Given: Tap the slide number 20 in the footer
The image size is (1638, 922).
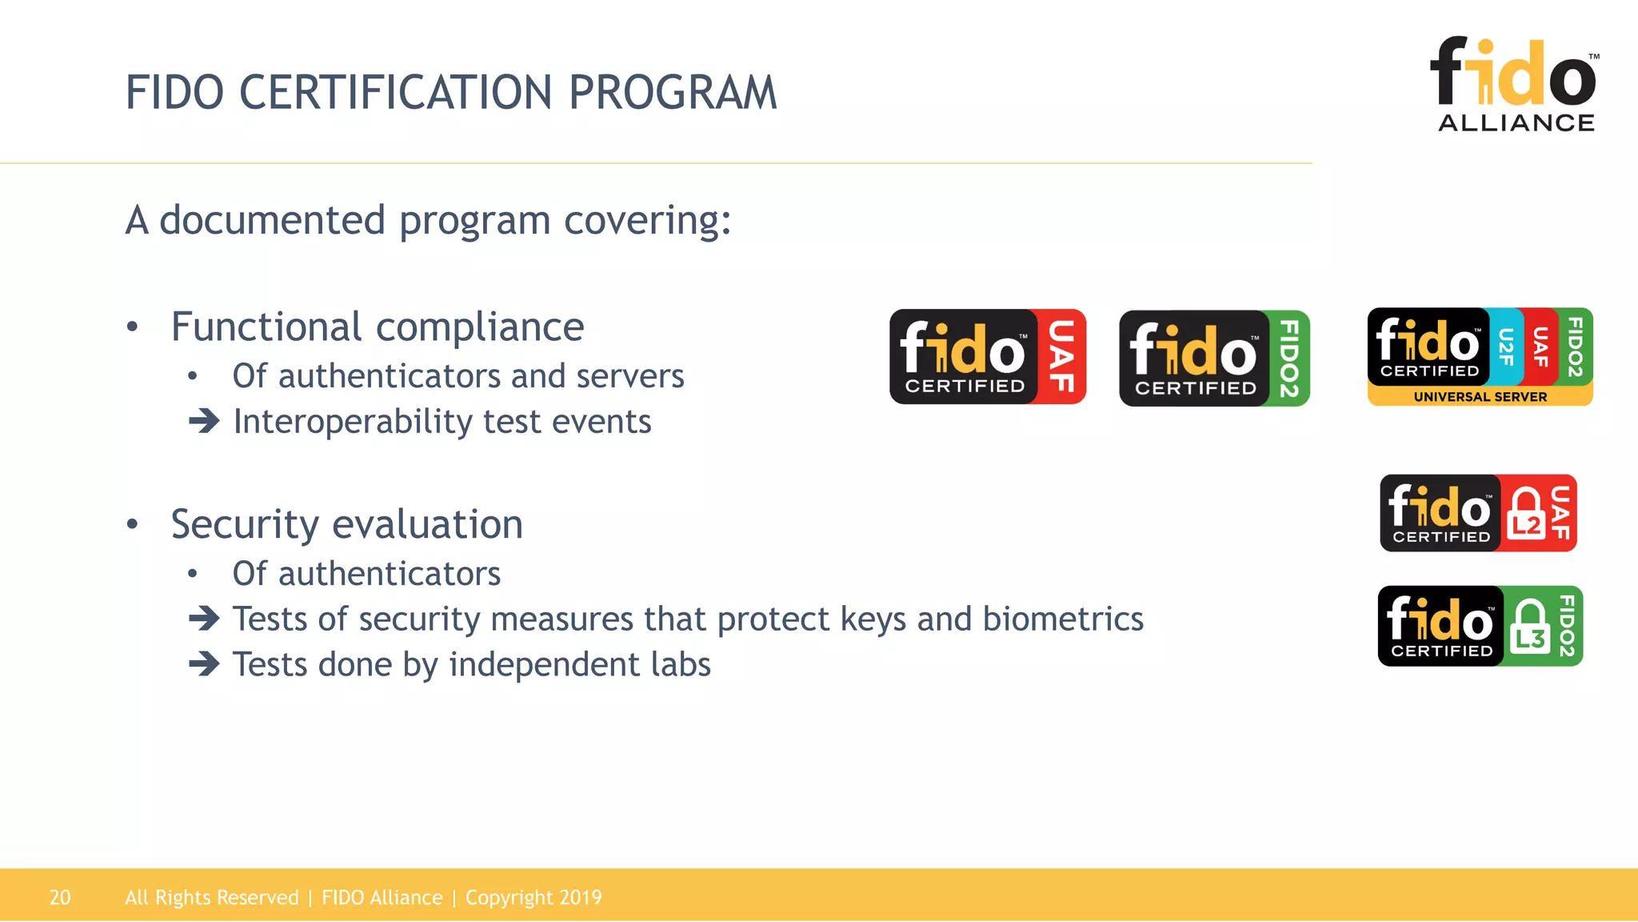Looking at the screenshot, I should click(60, 897).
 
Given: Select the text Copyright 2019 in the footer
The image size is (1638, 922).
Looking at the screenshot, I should click(533, 897).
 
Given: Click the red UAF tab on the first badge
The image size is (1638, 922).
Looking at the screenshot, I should click(1061, 357).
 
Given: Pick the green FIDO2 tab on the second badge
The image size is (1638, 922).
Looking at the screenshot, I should click(1288, 359).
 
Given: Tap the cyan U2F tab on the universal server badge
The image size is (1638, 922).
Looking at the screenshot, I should click(1506, 347).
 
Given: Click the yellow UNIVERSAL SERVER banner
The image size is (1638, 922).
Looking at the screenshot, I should click(1480, 396).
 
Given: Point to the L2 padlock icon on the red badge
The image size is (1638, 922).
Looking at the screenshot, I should click(1525, 513).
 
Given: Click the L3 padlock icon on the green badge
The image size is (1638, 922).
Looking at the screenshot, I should click(1530, 627).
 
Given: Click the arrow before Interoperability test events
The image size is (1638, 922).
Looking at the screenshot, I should click(204, 421).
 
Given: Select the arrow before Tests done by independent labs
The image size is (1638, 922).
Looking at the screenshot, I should click(204, 664).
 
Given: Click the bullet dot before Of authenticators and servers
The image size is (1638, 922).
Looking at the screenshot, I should click(192, 376).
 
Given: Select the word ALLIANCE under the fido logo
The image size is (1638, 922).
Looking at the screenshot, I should click(1516, 122).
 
